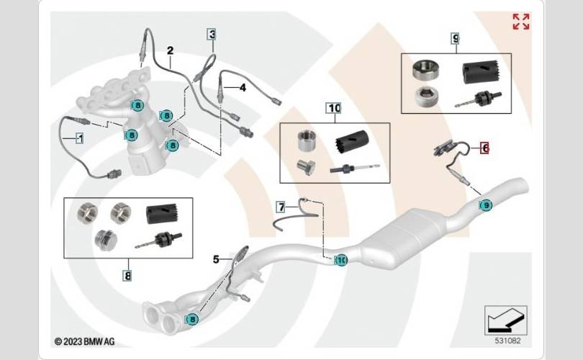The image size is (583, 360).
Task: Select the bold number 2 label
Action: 171,50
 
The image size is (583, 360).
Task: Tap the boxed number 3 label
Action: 212,34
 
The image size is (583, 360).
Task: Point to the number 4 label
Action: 243,88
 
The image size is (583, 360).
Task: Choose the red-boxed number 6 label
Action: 485,148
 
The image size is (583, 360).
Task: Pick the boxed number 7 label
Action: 281,207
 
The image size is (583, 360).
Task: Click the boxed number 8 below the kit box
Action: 127,274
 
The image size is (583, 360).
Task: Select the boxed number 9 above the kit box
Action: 456,37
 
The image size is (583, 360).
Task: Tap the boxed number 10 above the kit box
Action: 333,108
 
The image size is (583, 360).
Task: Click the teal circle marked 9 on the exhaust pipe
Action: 486,205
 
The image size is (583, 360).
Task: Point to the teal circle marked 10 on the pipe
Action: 341,260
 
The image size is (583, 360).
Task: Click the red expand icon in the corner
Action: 520,22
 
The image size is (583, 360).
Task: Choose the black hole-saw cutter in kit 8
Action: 163,213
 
